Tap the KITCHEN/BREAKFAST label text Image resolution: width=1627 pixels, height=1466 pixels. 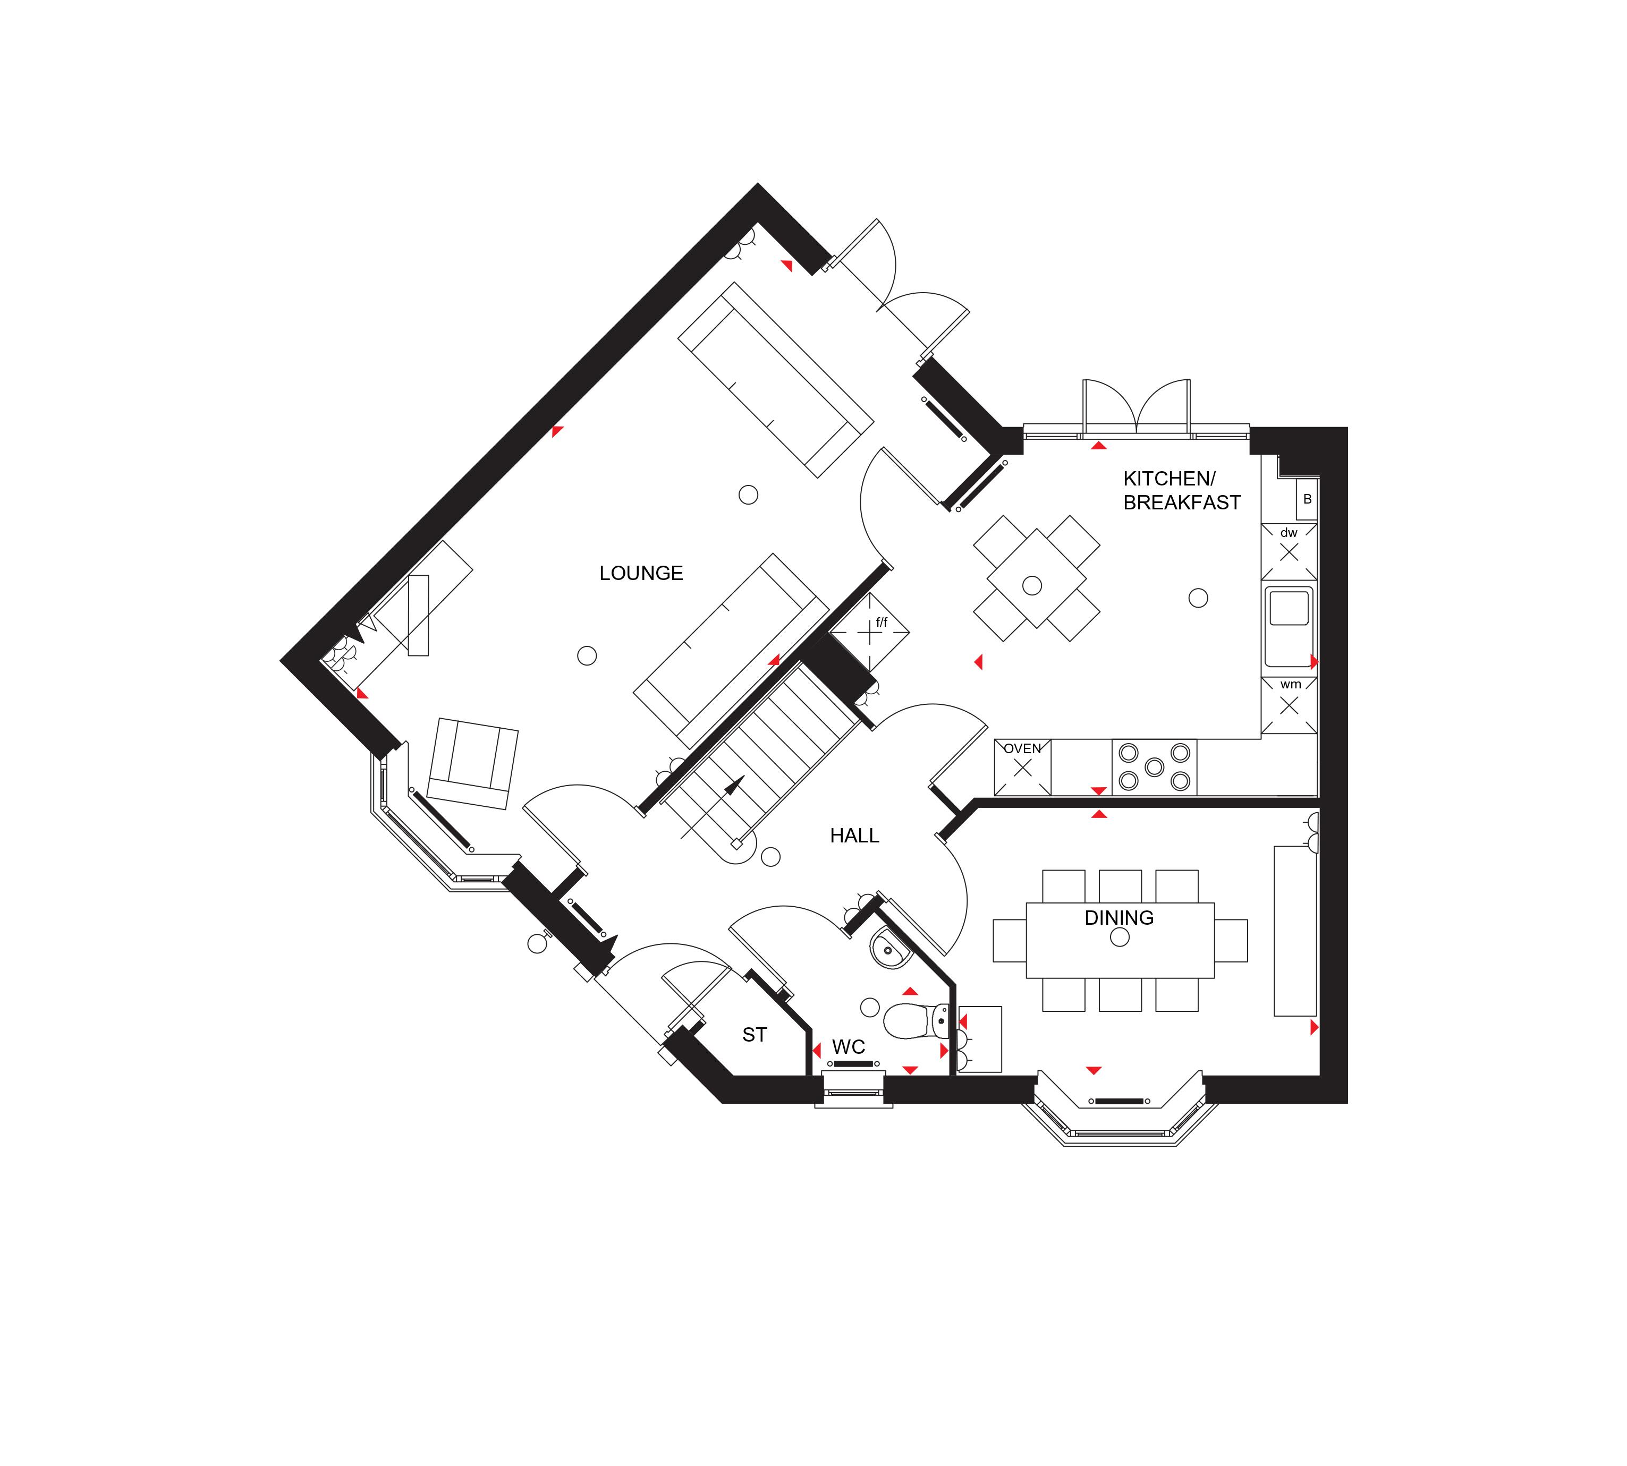[x=1181, y=491]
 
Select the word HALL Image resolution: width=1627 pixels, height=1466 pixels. [x=854, y=836]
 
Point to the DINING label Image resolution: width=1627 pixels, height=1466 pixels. [x=1118, y=917]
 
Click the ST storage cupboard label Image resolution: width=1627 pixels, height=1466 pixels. [x=755, y=1035]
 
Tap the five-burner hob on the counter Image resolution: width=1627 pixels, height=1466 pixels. [x=1154, y=767]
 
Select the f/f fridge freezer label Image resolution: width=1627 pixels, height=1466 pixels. [x=881, y=623]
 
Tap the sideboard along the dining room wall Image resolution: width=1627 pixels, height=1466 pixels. [x=1294, y=931]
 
